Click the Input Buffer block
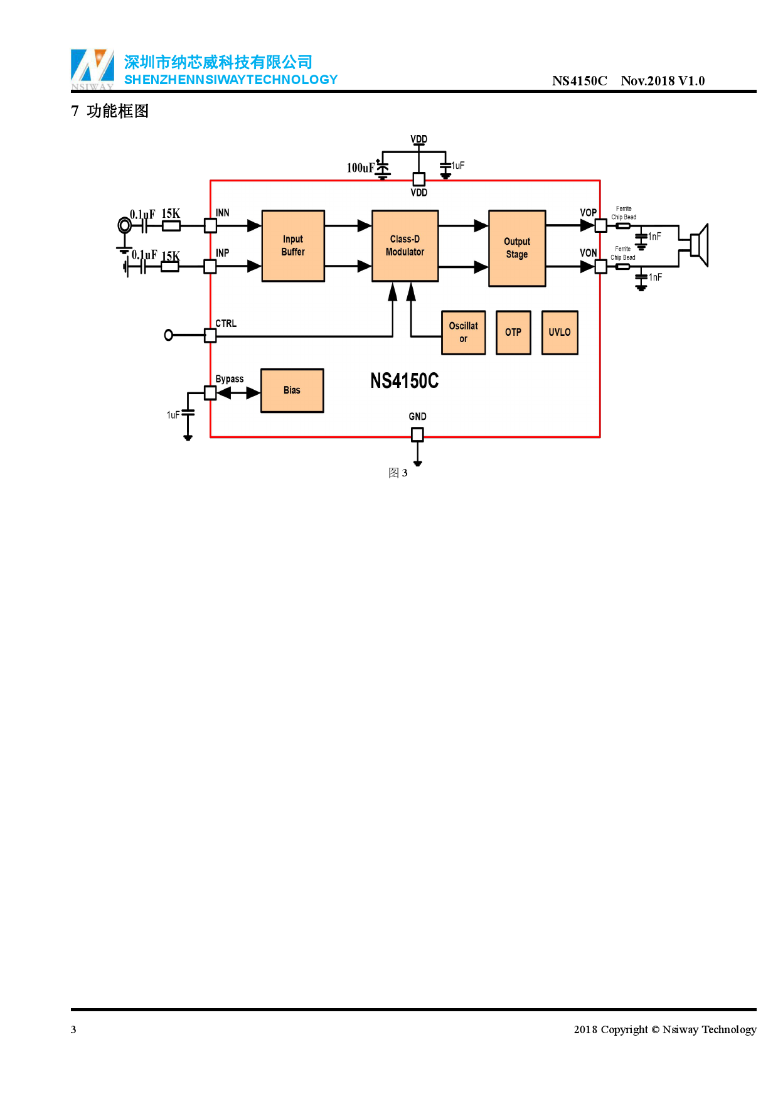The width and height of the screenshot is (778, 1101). coord(293,245)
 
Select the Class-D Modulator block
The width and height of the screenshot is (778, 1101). coord(405,245)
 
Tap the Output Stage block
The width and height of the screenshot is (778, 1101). coord(517,248)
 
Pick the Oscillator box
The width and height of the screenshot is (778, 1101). coord(463,332)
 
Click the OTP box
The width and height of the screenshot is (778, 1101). coord(513,332)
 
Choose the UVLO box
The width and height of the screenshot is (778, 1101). coord(560,332)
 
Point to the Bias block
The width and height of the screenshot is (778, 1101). coord(292,390)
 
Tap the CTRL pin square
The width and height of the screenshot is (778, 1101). coord(210,336)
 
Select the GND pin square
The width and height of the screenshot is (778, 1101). coord(417,434)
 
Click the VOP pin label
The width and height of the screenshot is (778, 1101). coord(588,213)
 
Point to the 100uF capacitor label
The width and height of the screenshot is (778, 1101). coord(360,168)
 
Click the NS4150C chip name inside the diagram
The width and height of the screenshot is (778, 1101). coord(404,381)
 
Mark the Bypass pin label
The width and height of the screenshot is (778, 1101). coord(229,379)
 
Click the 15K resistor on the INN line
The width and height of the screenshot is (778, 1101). coord(171,226)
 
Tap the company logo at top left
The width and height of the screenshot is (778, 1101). coord(92,68)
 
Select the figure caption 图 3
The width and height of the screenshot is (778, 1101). coord(398,473)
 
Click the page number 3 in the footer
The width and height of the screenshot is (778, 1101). coord(73,1029)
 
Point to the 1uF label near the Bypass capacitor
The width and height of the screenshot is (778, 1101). coord(173,415)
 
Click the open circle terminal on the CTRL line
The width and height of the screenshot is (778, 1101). coord(168,335)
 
